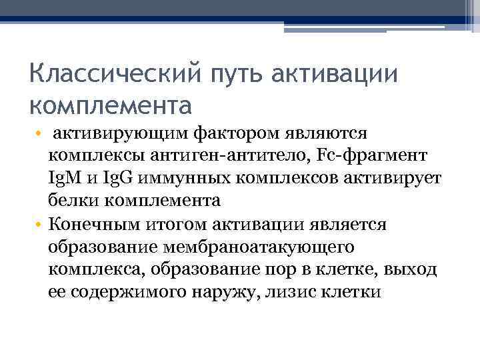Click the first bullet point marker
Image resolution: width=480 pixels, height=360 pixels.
(39, 135)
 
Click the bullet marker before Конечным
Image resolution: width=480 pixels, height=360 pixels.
(39, 223)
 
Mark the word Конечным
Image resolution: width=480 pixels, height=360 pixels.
(86, 223)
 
